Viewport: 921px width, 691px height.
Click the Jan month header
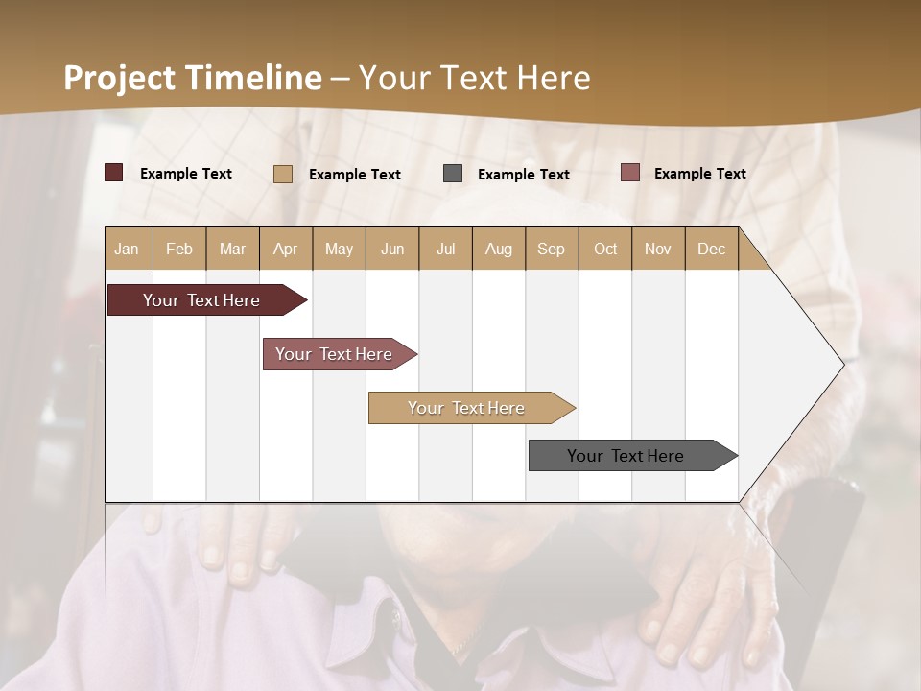pos(127,249)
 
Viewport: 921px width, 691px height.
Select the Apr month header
pos(285,249)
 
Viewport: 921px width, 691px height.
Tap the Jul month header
pos(445,249)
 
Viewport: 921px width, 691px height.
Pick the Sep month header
pos(551,249)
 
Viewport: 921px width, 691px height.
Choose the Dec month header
pos(711,249)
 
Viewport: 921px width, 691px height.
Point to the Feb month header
pos(179,249)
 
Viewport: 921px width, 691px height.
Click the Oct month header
pos(605,249)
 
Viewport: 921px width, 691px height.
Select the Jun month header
pos(392,249)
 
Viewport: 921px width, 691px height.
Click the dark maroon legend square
pos(114,173)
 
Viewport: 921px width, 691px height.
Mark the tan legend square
pos(283,174)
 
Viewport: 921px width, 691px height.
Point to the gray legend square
pos(453,174)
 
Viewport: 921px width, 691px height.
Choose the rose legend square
pos(629,173)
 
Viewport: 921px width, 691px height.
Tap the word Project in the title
pos(120,78)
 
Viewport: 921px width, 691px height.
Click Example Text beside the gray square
pos(524,175)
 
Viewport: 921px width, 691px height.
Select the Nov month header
pos(658,249)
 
